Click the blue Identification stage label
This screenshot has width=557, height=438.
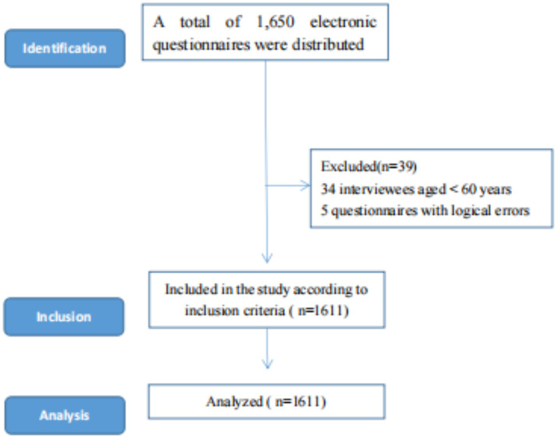[65, 48]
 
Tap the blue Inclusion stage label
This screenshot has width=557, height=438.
[64, 317]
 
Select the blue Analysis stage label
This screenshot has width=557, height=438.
[65, 415]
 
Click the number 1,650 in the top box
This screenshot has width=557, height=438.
[275, 22]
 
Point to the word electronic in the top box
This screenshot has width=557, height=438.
[343, 22]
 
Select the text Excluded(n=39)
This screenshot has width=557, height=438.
[368, 167]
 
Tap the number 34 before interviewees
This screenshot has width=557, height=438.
[328, 189]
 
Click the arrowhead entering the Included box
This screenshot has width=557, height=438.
[267, 259]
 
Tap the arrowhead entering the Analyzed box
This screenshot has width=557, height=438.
[267, 365]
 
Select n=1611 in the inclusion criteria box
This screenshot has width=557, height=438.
[323, 311]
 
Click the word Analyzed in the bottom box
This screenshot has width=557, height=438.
[234, 402]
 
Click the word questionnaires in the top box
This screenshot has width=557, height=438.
[201, 44]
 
